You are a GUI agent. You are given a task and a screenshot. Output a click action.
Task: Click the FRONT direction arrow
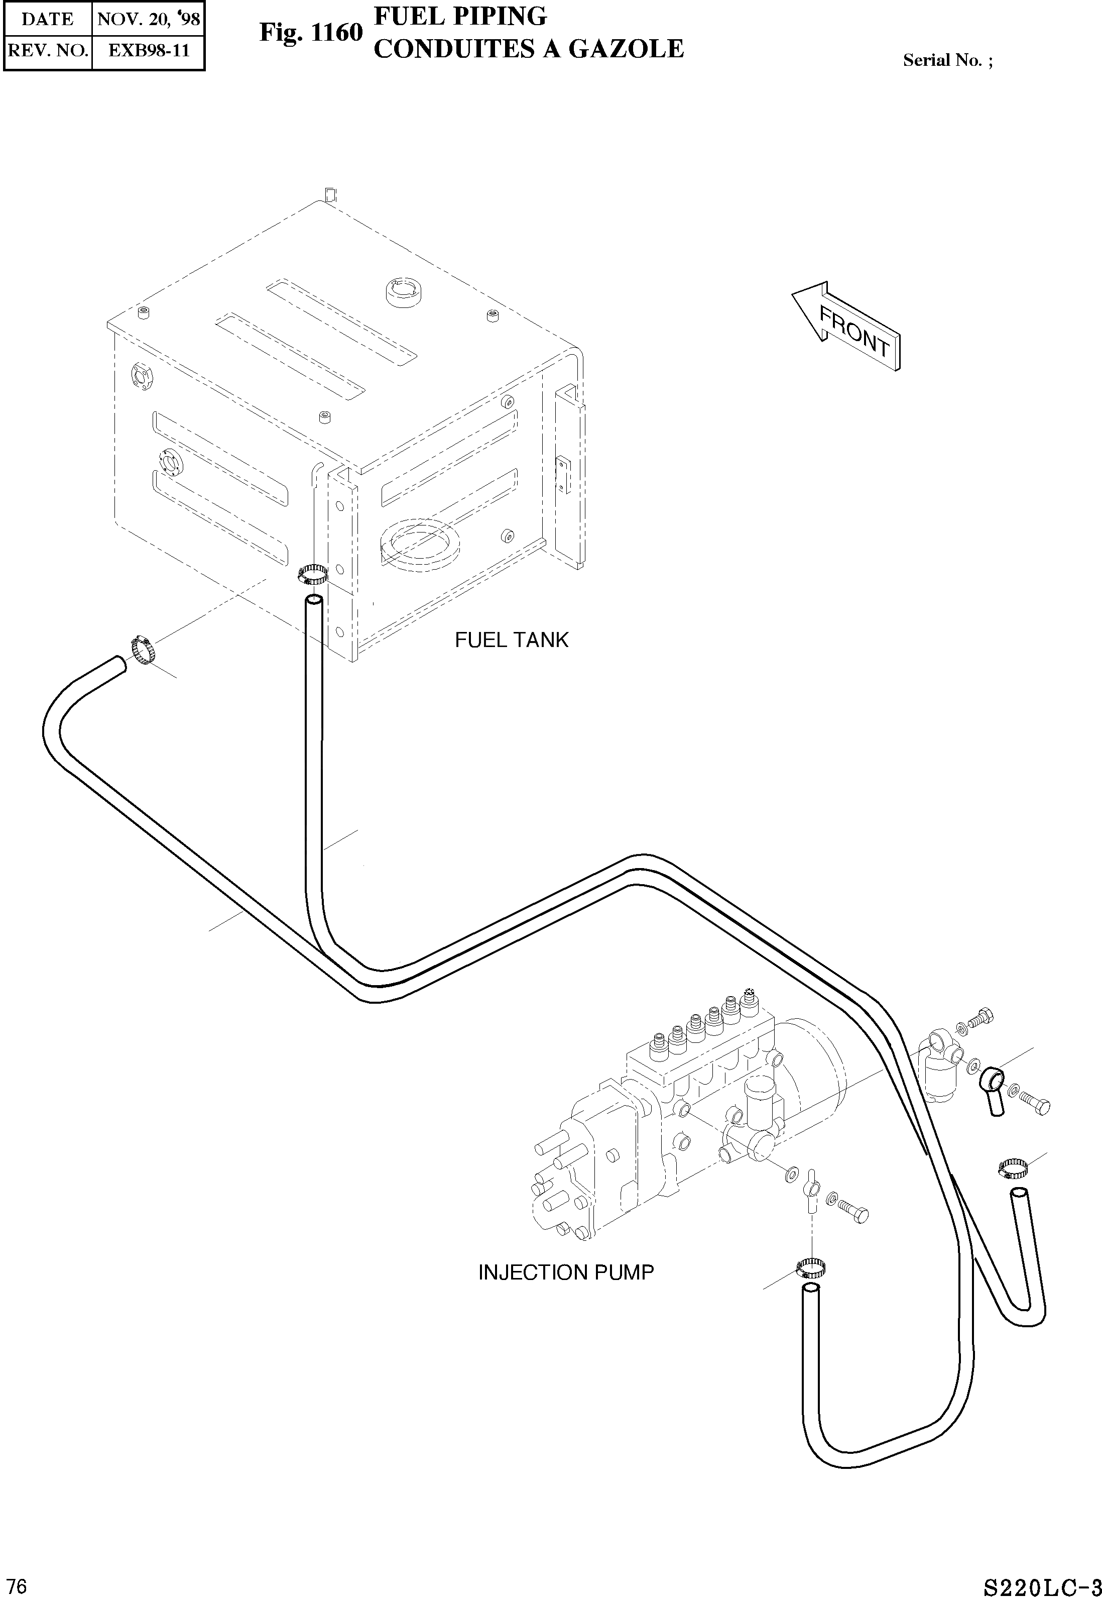(x=848, y=327)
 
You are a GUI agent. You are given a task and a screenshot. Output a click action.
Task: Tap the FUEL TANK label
(x=511, y=640)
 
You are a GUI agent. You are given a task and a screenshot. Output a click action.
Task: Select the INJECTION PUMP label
(x=565, y=1272)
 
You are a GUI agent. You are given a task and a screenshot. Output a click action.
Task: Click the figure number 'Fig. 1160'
(x=311, y=33)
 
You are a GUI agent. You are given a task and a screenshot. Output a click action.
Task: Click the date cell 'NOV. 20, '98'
(x=149, y=19)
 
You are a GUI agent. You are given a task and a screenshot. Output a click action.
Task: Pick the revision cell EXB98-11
(x=149, y=50)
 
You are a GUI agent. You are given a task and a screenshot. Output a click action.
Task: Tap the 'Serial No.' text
(x=947, y=61)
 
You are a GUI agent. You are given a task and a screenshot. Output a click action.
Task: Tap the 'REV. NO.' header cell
(x=48, y=50)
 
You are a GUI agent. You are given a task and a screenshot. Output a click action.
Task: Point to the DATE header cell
(x=48, y=19)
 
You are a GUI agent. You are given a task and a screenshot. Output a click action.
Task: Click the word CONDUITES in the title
(x=454, y=49)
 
